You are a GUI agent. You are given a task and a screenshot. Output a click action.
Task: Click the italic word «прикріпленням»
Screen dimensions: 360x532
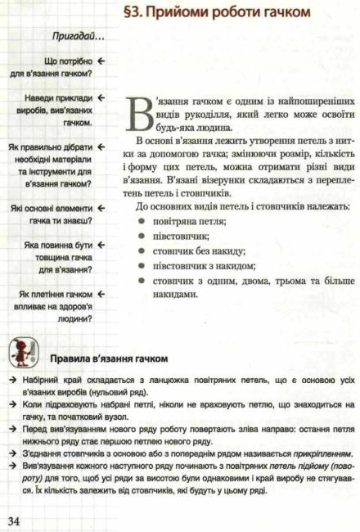coord(312,431)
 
